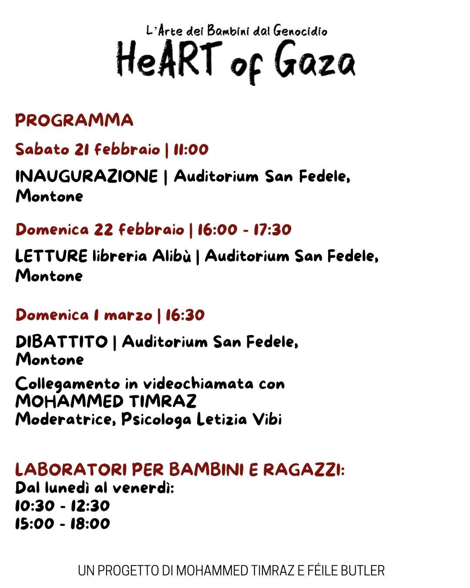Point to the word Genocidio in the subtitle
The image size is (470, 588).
pyautogui.click(x=300, y=31)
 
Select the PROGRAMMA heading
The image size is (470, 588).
pyautogui.click(x=74, y=120)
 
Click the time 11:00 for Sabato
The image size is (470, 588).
pyautogui.click(x=191, y=149)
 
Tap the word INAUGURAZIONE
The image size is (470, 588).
pyautogui.click(x=87, y=176)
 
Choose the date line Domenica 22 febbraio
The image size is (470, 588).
pyautogui.click(x=100, y=229)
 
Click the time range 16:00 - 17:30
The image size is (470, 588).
pyautogui.click(x=245, y=229)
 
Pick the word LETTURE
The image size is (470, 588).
pyautogui.click(x=51, y=256)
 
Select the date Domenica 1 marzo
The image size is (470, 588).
pyautogui.click(x=84, y=315)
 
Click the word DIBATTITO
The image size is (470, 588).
pyautogui.click(x=61, y=342)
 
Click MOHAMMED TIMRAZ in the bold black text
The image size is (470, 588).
pyautogui.click(x=106, y=401)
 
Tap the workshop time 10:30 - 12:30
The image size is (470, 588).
pyautogui.click(x=62, y=506)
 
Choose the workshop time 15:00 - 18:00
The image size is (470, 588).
pyautogui.click(x=62, y=523)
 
